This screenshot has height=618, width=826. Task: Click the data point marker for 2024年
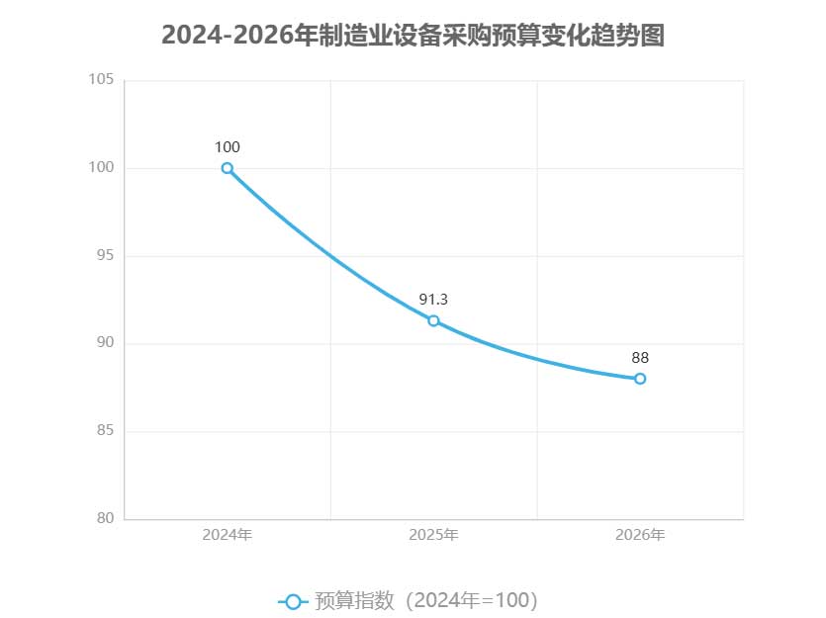[x=228, y=168]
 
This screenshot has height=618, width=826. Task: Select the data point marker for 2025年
[x=433, y=320]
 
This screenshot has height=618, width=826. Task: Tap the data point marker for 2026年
[x=640, y=379]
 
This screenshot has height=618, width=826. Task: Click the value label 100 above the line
[x=228, y=147]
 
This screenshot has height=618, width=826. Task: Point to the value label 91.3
[x=433, y=300]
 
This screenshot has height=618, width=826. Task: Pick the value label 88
[x=640, y=358]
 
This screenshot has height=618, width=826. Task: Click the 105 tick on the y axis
[x=103, y=80]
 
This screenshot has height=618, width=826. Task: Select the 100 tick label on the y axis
[x=103, y=168]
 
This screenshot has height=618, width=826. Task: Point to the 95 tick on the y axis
[x=106, y=256]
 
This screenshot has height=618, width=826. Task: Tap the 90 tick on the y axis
[x=106, y=343]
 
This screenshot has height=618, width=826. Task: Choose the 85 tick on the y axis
[x=106, y=431]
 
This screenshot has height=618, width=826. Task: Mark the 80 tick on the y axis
[x=106, y=518]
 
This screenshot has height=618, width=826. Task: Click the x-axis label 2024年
[x=228, y=535]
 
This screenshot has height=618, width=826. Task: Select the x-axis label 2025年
[x=433, y=535]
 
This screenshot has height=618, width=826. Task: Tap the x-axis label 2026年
[x=640, y=535]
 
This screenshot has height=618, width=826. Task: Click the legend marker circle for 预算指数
[x=293, y=601]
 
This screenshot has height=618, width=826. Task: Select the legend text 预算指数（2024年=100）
[x=425, y=600]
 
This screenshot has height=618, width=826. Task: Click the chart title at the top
[x=413, y=36]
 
